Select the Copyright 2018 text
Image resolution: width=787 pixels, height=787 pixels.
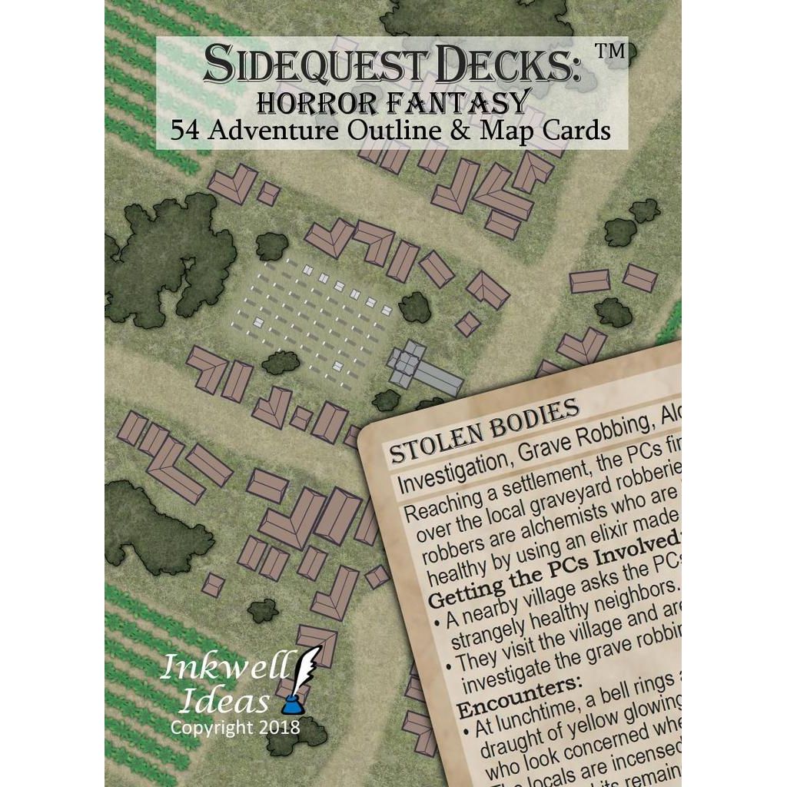234,726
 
